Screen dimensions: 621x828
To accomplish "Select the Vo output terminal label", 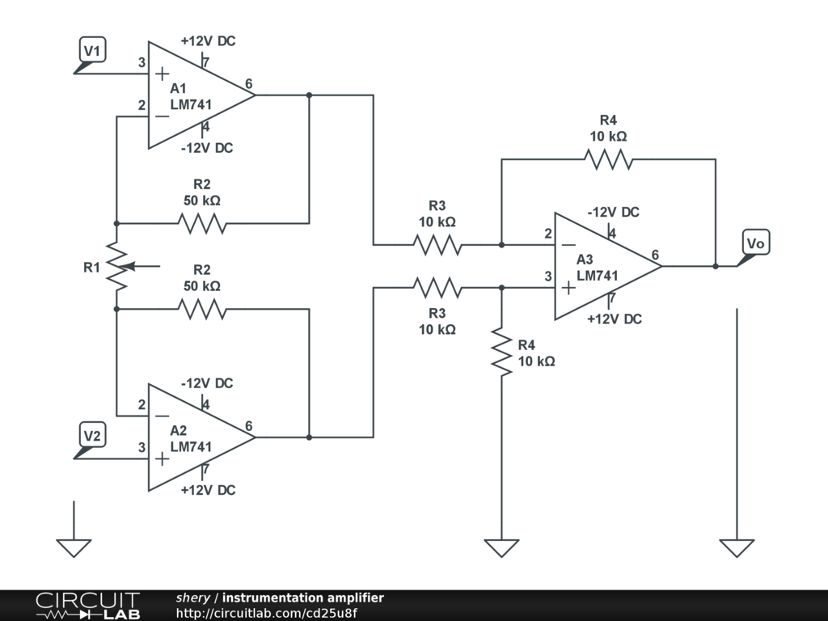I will click(755, 243).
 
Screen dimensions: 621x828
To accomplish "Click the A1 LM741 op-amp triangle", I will click(197, 95).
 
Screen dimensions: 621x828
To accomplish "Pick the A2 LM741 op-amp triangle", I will click(197, 437).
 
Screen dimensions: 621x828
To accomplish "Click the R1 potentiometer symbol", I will click(117, 266).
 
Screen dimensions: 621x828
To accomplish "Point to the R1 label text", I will click(92, 267).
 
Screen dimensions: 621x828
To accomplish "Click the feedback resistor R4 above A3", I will click(609, 159).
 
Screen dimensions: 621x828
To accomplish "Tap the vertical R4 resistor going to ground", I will click(502, 351).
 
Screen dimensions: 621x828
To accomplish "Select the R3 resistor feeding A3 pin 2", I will click(437, 244).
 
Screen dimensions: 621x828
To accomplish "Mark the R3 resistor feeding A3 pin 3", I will click(437, 287).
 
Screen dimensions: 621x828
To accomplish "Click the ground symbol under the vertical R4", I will click(502, 548).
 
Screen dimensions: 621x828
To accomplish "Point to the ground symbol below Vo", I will click(737, 548).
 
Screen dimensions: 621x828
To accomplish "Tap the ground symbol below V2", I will click(74, 548).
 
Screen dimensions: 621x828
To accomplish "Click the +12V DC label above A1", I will click(208, 41).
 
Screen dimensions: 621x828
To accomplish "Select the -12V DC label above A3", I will click(613, 213).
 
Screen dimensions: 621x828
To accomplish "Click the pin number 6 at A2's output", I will click(248, 427).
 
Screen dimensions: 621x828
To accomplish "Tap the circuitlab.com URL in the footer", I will click(266, 613).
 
